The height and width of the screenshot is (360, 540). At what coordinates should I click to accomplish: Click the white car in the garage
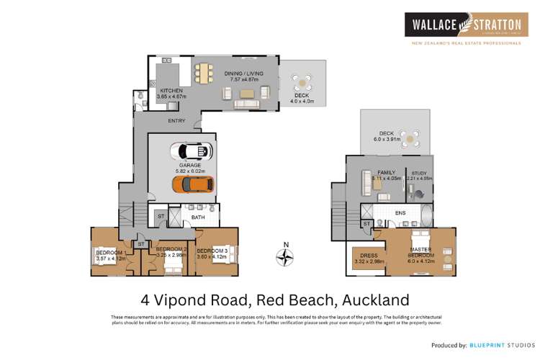[x=192, y=151]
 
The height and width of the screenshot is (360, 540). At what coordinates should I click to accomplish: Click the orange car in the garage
[x=192, y=184]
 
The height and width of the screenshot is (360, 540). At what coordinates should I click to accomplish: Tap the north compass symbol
[x=286, y=255]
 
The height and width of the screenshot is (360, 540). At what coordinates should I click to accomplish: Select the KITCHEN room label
[x=171, y=91]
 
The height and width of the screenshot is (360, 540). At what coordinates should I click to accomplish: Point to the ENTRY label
[x=176, y=121]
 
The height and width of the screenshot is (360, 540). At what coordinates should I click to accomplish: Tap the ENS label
[x=400, y=214]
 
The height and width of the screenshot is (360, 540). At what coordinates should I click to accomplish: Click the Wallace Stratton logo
[x=462, y=26]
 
